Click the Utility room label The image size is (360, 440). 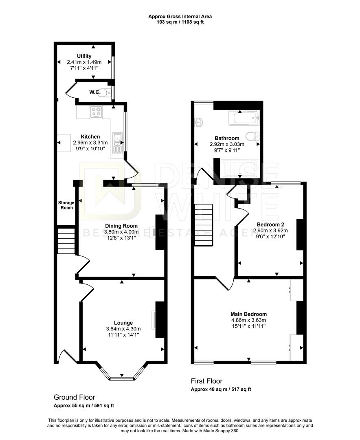coord(84,56)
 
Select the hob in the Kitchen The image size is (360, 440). coord(96,112)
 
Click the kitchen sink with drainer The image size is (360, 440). coord(118,143)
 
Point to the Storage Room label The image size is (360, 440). coord(66,205)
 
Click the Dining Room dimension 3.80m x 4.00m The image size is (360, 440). coord(121,232)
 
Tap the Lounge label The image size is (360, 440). coord(123,323)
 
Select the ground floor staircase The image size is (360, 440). coord(66,241)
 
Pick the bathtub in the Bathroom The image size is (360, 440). coord(244,118)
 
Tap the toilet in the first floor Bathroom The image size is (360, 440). coord(252,136)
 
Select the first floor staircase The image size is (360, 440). coord(204,225)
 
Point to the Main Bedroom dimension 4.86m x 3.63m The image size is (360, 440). coord(248,320)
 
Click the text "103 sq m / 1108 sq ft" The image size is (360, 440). coord(180,22)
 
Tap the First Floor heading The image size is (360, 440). coord(206,381)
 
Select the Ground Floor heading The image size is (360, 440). coord(75,397)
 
